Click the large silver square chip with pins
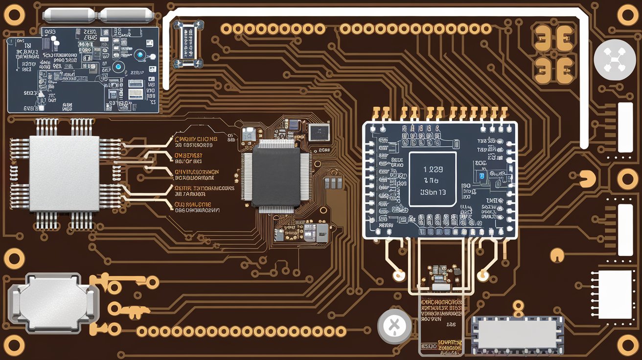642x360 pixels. click(x=65, y=174)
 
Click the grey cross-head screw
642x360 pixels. click(x=394, y=325)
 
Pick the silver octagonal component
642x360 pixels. click(x=53, y=302)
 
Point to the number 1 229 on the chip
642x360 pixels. click(x=433, y=170)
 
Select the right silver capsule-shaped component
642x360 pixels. click(x=126, y=15)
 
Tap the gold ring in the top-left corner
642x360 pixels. click(x=14, y=15)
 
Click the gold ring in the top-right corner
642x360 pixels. click(x=628, y=15)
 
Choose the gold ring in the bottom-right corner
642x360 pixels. click(x=628, y=345)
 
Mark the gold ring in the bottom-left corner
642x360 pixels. click(x=14, y=345)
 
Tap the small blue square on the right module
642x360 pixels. click(x=482, y=176)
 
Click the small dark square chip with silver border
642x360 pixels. click(x=319, y=132)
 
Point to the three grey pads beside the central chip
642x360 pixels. click(x=333, y=183)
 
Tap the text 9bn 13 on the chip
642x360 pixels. click(x=433, y=192)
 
